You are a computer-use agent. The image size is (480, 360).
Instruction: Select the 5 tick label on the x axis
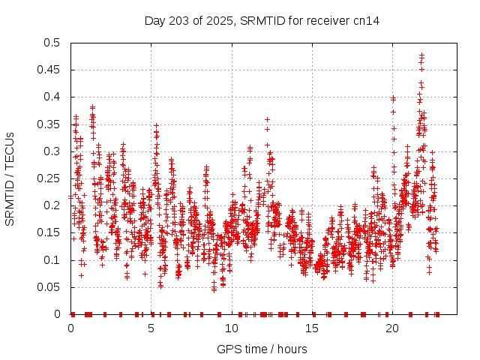pyautogui.click(x=151, y=328)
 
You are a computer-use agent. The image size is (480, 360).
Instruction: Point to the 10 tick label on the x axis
pyautogui.click(x=231, y=328)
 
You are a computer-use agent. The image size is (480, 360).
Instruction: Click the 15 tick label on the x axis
pyautogui.click(x=311, y=328)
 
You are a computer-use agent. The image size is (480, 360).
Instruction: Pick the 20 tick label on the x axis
pyautogui.click(x=391, y=328)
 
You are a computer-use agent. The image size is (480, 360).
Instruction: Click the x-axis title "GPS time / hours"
pyautogui.click(x=262, y=349)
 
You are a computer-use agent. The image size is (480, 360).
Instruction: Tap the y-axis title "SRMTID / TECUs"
pyautogui.click(x=10, y=178)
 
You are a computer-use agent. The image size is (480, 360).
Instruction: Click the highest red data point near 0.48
pyautogui.click(x=421, y=55)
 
